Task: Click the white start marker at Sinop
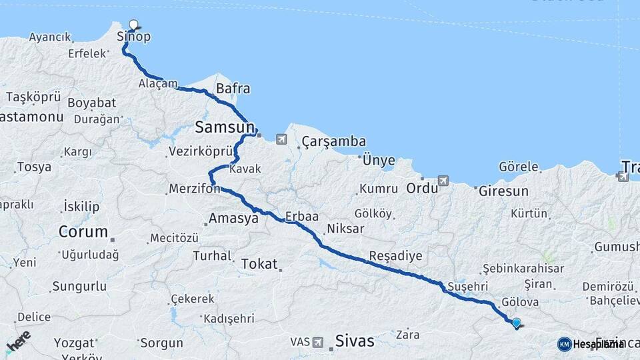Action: pos(133,25)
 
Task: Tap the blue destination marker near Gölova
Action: pos(516,323)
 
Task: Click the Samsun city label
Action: pos(224,127)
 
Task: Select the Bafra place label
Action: pos(233,89)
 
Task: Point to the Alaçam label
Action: pos(158,84)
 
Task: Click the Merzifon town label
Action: pos(193,189)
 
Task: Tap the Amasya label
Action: pos(233,218)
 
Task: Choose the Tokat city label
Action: pos(259,263)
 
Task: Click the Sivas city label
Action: pos(354,341)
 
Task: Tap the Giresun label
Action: pos(503,191)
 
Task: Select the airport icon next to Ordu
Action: pos(443,181)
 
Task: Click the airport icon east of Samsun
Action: pos(281,139)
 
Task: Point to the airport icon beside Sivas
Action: pos(318,342)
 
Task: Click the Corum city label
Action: pos(83,232)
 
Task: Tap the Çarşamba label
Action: pos(333,141)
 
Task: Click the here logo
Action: pos(18,341)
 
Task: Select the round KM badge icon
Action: pos(564,344)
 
